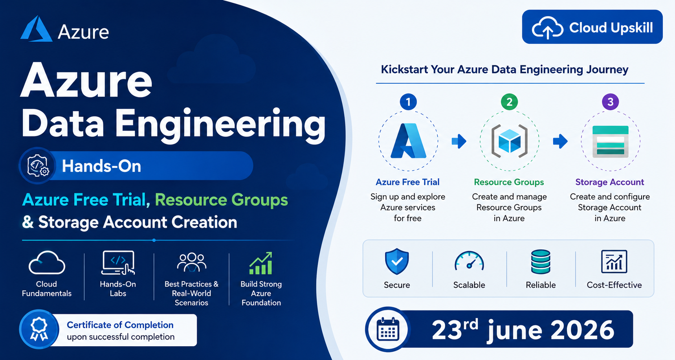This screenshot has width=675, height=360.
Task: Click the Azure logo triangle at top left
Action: point(36,29)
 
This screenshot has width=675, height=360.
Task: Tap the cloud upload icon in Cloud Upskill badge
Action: point(547,28)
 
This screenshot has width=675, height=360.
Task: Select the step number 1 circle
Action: point(408,102)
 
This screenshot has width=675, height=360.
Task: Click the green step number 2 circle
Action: point(509,102)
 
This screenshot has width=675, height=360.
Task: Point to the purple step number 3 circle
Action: point(610,102)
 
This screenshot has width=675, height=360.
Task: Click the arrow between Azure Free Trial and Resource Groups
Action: point(459,141)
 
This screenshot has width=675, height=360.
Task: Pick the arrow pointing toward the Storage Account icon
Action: point(560,141)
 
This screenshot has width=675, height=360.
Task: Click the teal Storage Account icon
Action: point(610,141)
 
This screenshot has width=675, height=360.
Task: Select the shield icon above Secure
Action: point(397,261)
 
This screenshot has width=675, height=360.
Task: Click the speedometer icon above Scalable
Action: point(469,261)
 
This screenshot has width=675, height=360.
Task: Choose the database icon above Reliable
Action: point(541,262)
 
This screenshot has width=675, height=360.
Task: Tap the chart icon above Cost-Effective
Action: point(614,261)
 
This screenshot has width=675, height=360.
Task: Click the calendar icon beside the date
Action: point(388,329)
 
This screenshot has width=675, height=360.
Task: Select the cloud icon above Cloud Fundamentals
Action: point(47,263)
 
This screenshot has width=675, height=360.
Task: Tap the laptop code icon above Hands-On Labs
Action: point(118,263)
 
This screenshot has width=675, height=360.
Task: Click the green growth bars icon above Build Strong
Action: point(261,263)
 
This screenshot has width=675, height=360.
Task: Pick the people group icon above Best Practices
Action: point(191,262)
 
